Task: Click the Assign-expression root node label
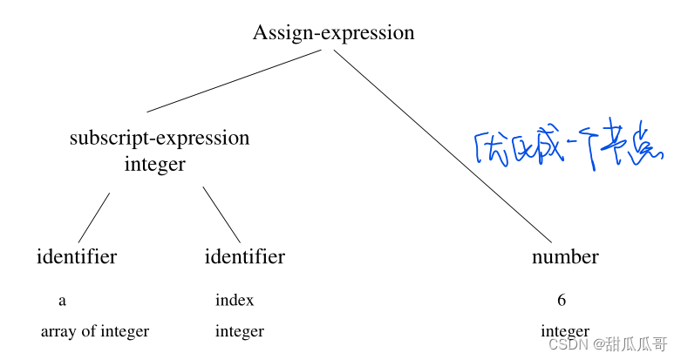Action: [x=333, y=33]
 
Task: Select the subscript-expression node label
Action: [x=160, y=138]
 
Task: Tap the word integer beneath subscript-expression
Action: [x=155, y=164]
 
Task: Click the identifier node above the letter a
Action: [x=77, y=256]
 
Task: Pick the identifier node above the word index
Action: [x=244, y=256]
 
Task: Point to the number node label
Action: [x=565, y=256]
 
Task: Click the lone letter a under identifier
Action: [x=62, y=301]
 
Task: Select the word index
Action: [x=235, y=301]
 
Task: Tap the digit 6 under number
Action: [x=562, y=301]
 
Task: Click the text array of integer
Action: [x=94, y=331]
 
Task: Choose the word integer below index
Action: [x=240, y=331]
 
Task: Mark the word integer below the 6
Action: [x=564, y=332]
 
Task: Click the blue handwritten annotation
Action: [x=562, y=150]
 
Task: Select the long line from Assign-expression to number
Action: [x=443, y=146]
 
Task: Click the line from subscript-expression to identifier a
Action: [x=94, y=217]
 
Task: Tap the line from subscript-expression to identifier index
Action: [x=221, y=214]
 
